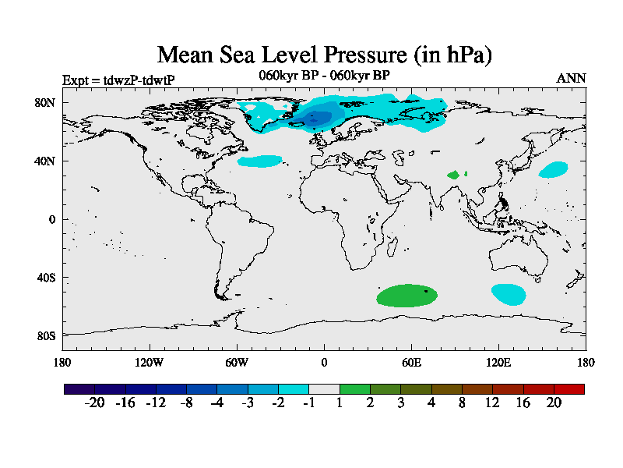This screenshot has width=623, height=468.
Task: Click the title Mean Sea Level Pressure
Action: [325, 55]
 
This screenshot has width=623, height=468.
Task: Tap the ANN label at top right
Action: [571, 78]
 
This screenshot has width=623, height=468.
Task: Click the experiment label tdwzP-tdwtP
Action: [118, 80]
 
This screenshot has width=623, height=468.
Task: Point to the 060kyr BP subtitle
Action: [324, 75]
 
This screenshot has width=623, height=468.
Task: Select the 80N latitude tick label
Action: [44, 102]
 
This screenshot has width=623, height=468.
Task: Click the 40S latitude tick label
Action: [45, 278]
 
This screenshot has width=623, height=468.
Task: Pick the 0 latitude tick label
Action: [51, 219]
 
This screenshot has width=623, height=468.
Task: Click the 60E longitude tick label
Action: [411, 362]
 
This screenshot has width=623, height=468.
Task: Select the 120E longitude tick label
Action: [498, 362]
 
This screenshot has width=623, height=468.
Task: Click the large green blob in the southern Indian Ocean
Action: [406, 296]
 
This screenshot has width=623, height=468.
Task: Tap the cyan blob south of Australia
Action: [508, 294]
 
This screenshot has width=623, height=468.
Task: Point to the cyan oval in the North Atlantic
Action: [259, 161]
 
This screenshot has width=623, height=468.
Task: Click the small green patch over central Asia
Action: [453, 175]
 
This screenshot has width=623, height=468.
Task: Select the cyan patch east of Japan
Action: [554, 169]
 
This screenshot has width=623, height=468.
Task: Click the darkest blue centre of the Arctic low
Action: [317, 119]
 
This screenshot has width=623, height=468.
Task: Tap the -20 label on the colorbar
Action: [94, 402]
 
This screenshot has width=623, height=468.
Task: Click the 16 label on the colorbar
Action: [523, 402]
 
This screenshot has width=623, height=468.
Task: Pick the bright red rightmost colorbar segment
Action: [568, 388]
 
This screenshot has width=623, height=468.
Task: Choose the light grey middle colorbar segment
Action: [324, 388]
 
